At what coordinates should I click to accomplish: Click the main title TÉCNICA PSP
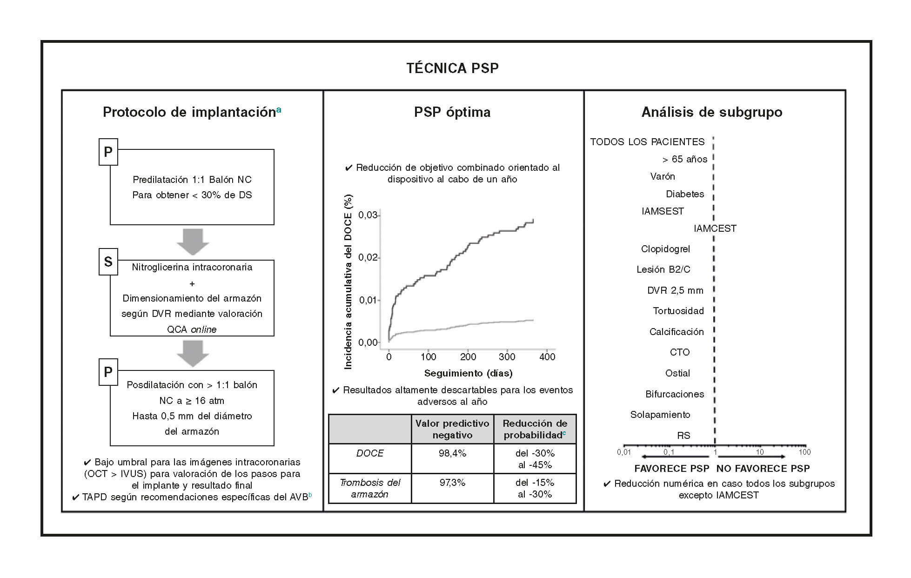pyautogui.click(x=452, y=68)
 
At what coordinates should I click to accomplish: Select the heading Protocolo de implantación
pyautogui.click(x=189, y=112)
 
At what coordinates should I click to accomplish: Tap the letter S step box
pyautogui.click(x=108, y=262)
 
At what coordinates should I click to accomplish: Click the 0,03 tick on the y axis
pyautogui.click(x=368, y=215)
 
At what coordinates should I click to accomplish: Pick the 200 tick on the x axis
pyautogui.click(x=468, y=357)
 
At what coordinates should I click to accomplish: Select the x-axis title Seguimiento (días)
pyautogui.click(x=468, y=373)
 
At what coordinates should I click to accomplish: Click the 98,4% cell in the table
pyautogui.click(x=452, y=453)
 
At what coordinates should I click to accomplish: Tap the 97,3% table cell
pyautogui.click(x=452, y=483)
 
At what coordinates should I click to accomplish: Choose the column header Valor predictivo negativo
pyautogui.click(x=452, y=429)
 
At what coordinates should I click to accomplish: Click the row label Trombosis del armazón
pyautogui.click(x=370, y=488)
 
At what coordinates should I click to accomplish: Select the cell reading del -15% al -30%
pyautogui.click(x=535, y=488)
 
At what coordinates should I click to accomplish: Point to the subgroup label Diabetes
pyautogui.click(x=685, y=194)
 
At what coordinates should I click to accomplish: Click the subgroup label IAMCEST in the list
pyautogui.click(x=715, y=229)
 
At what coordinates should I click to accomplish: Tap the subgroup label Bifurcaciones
pyautogui.click(x=675, y=394)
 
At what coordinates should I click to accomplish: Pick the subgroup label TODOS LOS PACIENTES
pyautogui.click(x=647, y=142)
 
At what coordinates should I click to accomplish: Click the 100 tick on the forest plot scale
pyautogui.click(x=804, y=452)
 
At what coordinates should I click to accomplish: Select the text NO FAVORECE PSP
pyautogui.click(x=763, y=469)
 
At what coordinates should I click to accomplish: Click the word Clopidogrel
pyautogui.click(x=665, y=249)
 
